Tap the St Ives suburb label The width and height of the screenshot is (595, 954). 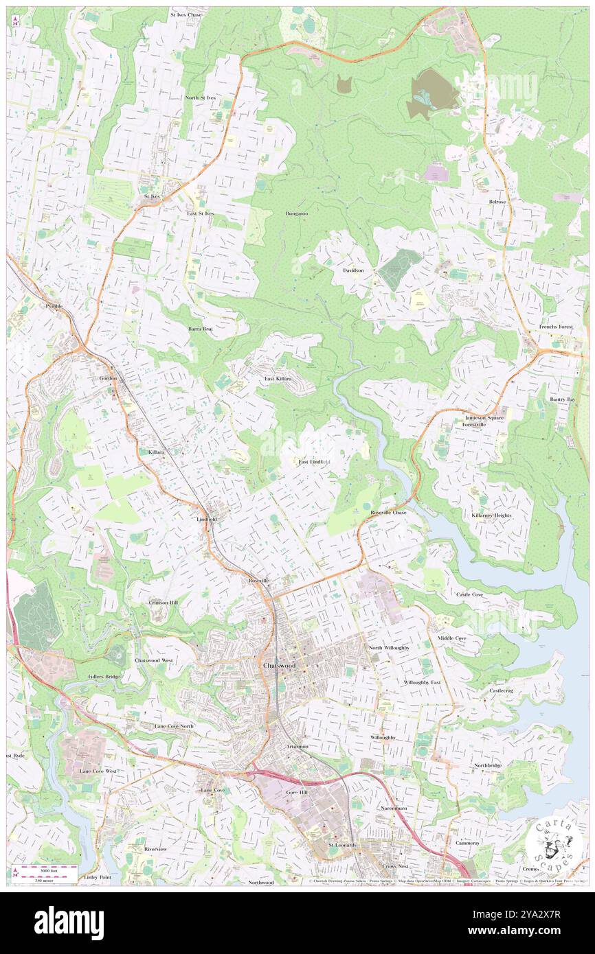click(x=152, y=196)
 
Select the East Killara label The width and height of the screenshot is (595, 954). click(x=278, y=379)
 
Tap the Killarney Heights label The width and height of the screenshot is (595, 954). click(x=491, y=515)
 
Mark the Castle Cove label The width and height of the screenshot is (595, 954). click(x=471, y=594)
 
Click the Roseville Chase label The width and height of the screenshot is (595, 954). click(x=388, y=513)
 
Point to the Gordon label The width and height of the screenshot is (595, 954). click(x=108, y=378)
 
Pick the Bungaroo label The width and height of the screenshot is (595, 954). click(x=297, y=213)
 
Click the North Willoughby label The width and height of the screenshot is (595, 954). click(x=389, y=648)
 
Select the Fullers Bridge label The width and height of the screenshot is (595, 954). click(x=104, y=677)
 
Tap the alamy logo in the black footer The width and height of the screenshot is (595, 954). click(x=69, y=923)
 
